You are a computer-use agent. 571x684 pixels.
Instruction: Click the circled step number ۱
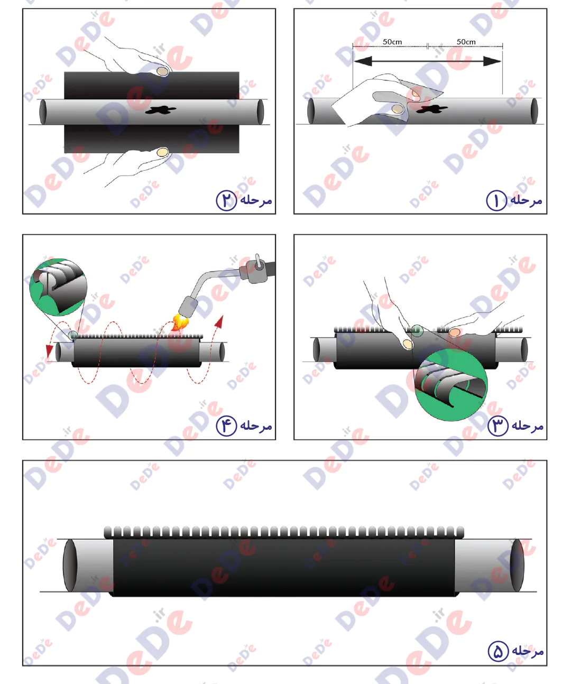pos(496,200)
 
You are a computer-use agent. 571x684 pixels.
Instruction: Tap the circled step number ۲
pos(226,200)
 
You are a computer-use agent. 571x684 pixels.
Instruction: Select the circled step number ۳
pos(498,426)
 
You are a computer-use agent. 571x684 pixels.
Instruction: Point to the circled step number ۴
pos(226,426)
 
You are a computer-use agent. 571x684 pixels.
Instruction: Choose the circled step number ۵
pos(498,651)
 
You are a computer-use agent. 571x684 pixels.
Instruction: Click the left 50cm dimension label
pos(392,42)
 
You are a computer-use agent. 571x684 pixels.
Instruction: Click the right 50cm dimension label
pos(466,42)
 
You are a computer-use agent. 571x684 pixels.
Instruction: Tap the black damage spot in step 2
pos(161,110)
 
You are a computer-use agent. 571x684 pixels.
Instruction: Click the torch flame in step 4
pos(180,322)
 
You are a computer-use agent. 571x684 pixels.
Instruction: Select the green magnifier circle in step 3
pos(451,385)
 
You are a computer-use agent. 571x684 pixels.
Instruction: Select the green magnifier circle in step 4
pos(58,287)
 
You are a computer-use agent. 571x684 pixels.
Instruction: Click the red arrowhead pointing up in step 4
pos(220,321)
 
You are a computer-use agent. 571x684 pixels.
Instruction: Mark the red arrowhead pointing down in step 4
pos(49,351)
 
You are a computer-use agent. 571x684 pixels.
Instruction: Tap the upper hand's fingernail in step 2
pos(162,71)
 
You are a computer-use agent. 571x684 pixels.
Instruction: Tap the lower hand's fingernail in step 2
pos(162,152)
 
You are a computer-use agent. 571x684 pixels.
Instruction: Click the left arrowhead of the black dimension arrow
pos(363,61)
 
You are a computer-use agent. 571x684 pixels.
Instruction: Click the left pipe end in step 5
pos(70,565)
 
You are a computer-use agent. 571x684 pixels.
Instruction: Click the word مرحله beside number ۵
pos(528,652)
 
